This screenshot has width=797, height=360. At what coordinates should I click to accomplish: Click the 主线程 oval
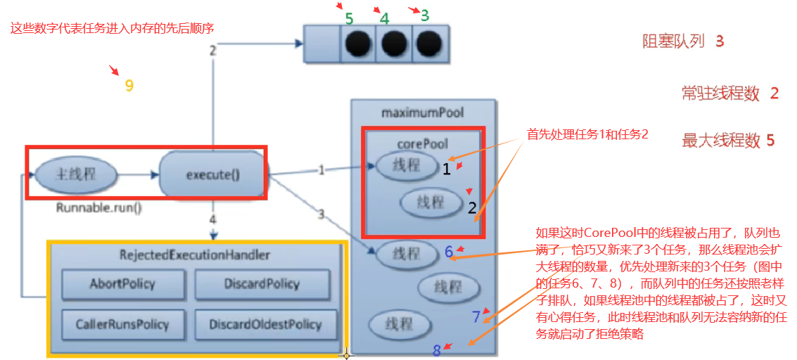click(x=75, y=174)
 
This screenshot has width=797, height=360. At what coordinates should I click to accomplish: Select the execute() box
click(x=212, y=174)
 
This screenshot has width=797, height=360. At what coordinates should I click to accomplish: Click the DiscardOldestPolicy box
click(x=265, y=324)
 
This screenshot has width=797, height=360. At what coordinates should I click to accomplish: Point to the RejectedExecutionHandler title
click(x=194, y=255)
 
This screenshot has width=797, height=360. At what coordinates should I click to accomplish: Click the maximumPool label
click(x=422, y=112)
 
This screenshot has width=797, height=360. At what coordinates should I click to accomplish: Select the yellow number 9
click(x=129, y=86)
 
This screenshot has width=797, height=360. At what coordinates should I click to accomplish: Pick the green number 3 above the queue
click(x=424, y=15)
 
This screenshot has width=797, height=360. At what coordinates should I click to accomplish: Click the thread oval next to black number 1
click(x=407, y=166)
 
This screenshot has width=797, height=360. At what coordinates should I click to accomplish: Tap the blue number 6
click(x=449, y=252)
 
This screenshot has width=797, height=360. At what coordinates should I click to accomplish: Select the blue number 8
click(x=436, y=350)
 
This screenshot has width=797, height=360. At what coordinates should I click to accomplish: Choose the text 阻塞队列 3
click(x=682, y=41)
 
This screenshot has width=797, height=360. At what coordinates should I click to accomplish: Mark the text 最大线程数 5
click(x=727, y=141)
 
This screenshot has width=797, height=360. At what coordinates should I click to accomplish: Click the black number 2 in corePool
click(x=472, y=207)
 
